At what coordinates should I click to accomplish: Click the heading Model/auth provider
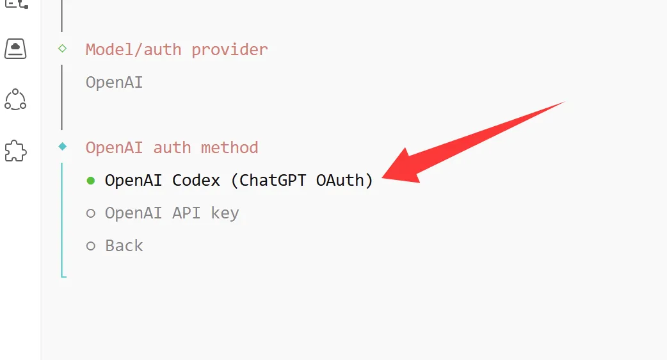(x=177, y=50)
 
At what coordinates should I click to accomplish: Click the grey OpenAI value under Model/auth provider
(x=114, y=83)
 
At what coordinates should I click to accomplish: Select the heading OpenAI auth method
(x=172, y=147)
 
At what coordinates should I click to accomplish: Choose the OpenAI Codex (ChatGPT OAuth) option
(x=239, y=181)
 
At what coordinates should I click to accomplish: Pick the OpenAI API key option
(x=172, y=213)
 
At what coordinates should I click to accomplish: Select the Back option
(x=124, y=246)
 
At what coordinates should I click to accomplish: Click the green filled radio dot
(x=91, y=181)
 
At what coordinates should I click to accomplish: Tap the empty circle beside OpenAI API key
(x=91, y=213)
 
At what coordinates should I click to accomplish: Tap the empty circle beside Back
(x=91, y=246)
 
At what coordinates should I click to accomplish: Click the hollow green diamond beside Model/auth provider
(x=62, y=48)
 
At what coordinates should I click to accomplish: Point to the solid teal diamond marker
(x=62, y=147)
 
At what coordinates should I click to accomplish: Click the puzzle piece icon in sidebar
(x=15, y=151)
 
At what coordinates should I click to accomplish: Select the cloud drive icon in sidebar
(x=15, y=49)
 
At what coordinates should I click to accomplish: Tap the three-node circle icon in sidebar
(x=15, y=99)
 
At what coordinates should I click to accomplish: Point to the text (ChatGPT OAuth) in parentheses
(x=301, y=181)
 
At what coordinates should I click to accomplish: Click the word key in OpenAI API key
(x=225, y=213)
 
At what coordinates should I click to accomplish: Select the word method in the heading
(x=229, y=147)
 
